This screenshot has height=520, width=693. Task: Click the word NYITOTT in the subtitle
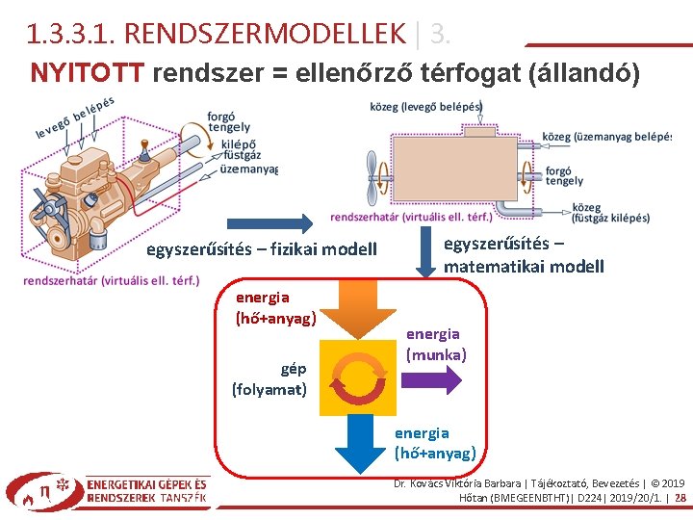[88, 72]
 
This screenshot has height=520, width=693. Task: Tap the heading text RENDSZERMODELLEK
[265, 35]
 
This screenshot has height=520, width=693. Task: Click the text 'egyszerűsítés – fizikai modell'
[261, 250]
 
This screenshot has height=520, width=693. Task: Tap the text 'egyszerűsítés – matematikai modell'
[524, 254]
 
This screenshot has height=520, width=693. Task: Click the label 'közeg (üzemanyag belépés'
[606, 137]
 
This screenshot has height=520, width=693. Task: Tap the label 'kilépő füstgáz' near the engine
[242, 148]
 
